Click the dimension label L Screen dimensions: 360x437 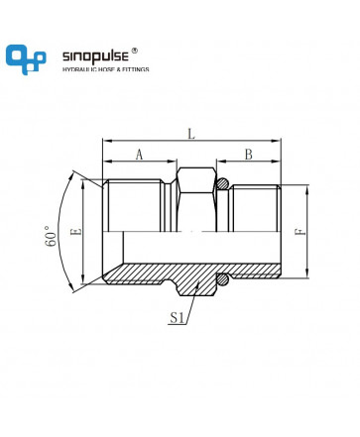click(191, 134)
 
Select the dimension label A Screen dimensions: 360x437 click(140, 155)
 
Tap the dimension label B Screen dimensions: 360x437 click(249, 155)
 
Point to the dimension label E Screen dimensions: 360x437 click(76, 232)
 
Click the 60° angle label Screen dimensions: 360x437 click(51, 237)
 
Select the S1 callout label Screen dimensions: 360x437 click(177, 318)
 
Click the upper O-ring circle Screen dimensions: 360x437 click(223, 183)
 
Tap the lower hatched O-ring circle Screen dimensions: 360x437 click(223, 279)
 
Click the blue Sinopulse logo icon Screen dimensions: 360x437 click(26, 59)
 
